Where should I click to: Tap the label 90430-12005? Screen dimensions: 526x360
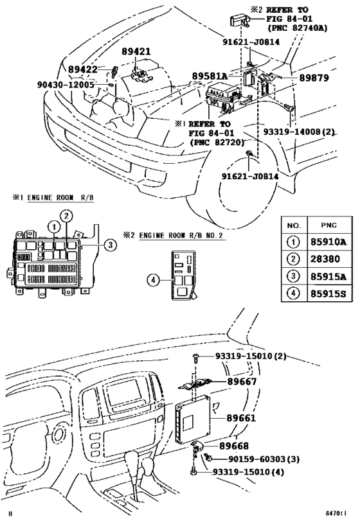(65, 84)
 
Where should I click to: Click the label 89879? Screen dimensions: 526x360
(313, 78)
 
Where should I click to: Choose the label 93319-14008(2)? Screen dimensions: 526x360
(300, 132)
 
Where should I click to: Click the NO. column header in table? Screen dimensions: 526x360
(294, 227)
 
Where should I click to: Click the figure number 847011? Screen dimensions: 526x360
(335, 514)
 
